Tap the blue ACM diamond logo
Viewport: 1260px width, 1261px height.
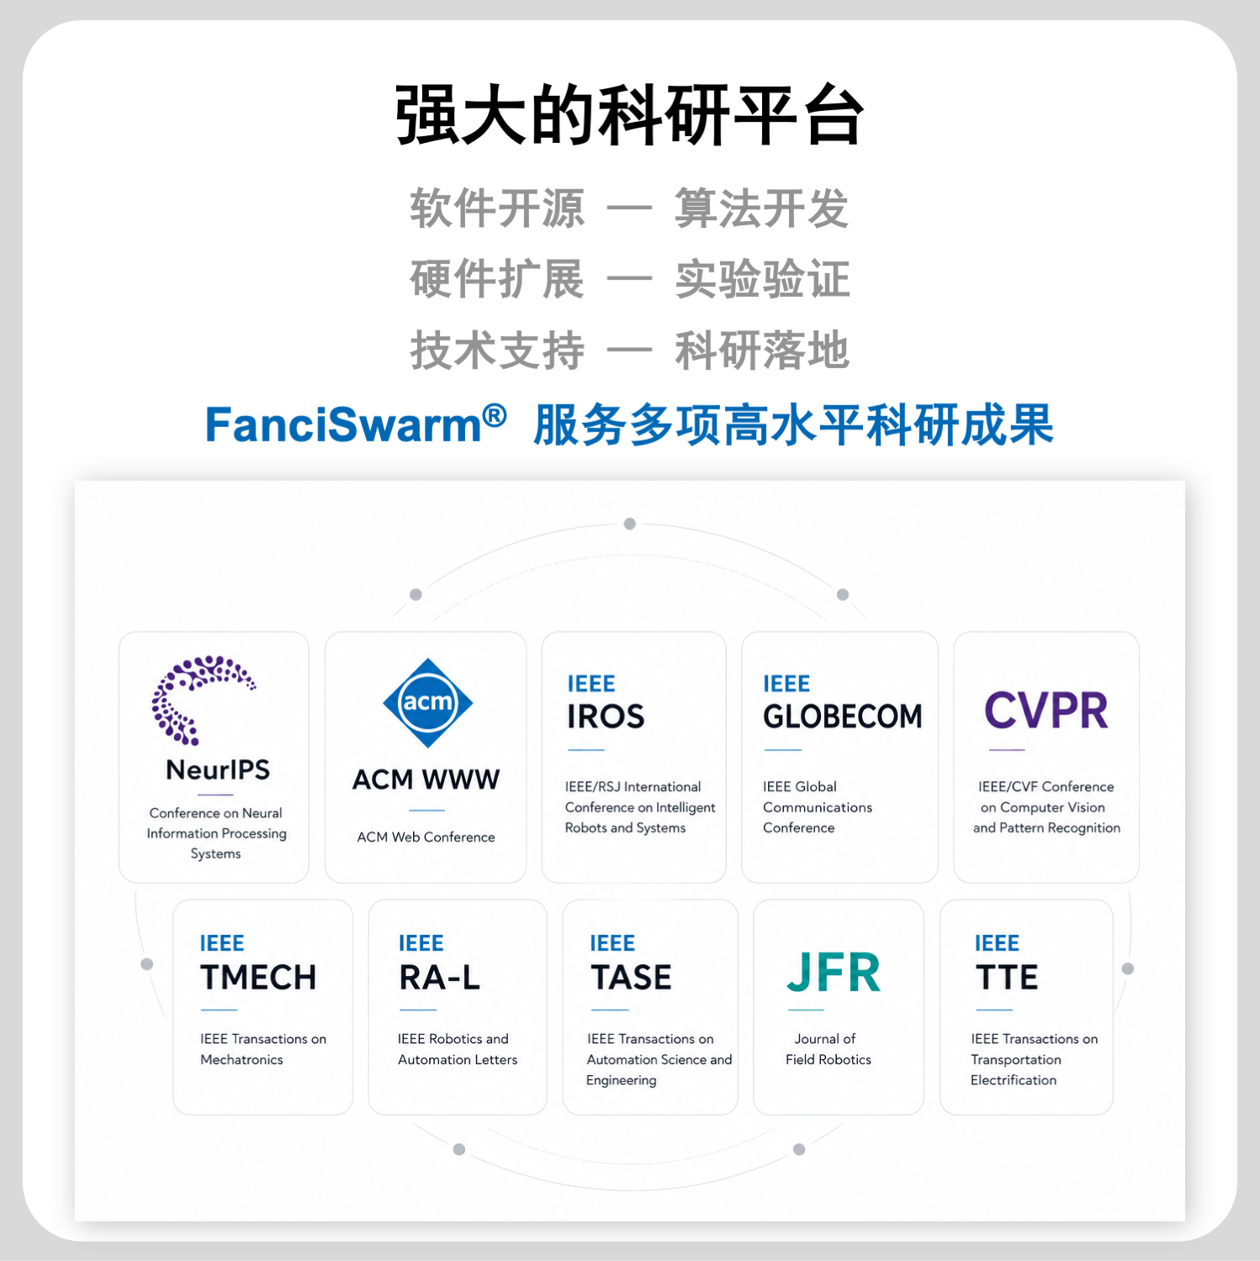coord(427,703)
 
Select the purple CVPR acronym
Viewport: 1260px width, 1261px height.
coord(1046,710)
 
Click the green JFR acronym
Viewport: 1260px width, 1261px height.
coord(834,973)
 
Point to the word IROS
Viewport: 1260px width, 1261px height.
coord(606,716)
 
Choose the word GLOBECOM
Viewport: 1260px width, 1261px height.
coord(843,716)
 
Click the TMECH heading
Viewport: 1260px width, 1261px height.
coord(258,977)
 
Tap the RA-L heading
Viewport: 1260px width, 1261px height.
coord(439,977)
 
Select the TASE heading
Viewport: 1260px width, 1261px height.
coord(631,977)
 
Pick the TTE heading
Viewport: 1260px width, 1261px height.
coord(1007,977)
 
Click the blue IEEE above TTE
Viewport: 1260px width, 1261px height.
coord(997,943)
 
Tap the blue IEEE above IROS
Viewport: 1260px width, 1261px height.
coord(591,683)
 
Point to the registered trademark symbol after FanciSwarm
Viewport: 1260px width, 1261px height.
coord(495,414)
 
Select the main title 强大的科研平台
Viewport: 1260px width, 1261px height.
coord(630,115)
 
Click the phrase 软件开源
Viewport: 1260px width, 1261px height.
coord(497,208)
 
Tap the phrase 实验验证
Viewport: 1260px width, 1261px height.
coord(762,279)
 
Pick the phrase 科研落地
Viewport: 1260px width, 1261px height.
coord(762,350)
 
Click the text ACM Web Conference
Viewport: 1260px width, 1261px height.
coord(426,837)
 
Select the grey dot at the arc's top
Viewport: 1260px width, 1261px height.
coord(630,524)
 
